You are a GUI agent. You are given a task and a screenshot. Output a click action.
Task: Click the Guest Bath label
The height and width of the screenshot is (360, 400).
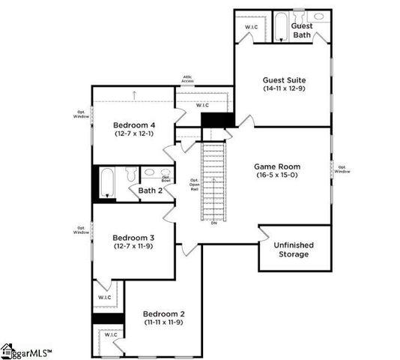(x=302, y=30)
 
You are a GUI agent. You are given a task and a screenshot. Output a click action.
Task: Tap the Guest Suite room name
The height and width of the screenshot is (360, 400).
(x=283, y=79)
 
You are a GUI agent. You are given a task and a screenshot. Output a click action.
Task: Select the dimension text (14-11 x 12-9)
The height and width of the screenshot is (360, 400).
(x=283, y=89)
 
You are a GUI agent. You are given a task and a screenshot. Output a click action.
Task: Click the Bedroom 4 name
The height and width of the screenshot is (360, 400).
(x=134, y=124)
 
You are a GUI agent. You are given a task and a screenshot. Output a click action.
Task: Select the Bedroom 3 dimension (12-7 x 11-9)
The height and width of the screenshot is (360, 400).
(x=134, y=246)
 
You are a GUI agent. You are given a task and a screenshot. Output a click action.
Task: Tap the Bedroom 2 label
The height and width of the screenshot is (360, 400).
(x=164, y=313)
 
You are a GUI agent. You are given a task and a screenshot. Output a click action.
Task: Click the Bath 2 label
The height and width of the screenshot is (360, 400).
(x=151, y=190)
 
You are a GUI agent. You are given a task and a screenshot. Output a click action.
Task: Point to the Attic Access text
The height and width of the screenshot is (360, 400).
(x=188, y=79)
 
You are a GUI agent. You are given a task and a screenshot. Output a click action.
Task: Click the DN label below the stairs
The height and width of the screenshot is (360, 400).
(x=213, y=223)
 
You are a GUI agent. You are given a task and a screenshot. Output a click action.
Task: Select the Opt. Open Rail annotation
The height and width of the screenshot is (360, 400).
(x=194, y=184)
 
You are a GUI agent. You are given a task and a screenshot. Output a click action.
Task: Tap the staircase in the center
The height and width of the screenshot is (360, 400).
(x=213, y=180)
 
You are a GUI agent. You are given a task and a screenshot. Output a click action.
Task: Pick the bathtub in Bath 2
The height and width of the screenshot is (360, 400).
(x=106, y=182)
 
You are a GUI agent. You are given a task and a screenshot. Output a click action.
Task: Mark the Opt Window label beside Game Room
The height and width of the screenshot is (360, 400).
(x=342, y=169)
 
